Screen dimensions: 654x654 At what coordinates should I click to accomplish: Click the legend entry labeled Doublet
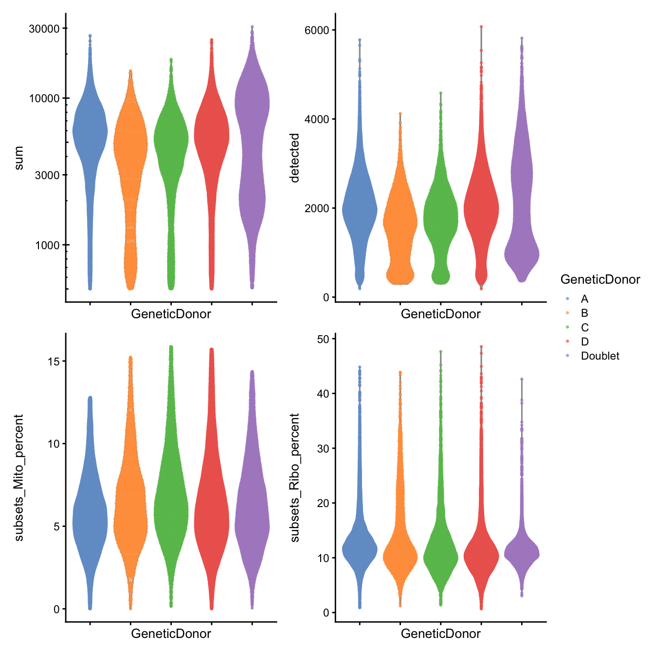[x=599, y=356]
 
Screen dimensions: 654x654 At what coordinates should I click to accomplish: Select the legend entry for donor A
[x=584, y=299]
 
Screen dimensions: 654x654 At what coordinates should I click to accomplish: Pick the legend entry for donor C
[x=584, y=327]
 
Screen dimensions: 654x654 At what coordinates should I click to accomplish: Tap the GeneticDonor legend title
[x=600, y=279]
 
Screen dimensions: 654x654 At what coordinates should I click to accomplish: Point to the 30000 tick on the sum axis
[x=44, y=29]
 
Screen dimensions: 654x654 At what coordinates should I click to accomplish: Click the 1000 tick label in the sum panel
[x=47, y=245]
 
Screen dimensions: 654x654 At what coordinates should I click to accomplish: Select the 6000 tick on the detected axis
[x=317, y=30]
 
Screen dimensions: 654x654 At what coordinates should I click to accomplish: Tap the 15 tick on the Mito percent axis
[x=54, y=361]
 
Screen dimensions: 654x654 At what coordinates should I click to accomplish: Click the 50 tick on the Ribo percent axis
[x=323, y=339]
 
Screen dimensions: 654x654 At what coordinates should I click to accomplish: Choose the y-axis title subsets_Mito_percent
[x=18, y=478]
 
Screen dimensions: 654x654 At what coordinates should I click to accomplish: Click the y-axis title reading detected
[x=294, y=158]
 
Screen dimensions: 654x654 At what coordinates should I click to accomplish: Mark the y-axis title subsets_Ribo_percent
[x=294, y=478]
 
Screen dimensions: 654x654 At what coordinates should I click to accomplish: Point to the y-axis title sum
[x=18, y=158]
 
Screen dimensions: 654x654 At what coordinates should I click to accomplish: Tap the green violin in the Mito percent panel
[x=171, y=511]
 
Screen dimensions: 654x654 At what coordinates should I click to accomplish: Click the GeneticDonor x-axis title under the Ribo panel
[x=440, y=634]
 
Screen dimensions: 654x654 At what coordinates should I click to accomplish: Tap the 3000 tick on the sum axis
[x=47, y=175]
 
